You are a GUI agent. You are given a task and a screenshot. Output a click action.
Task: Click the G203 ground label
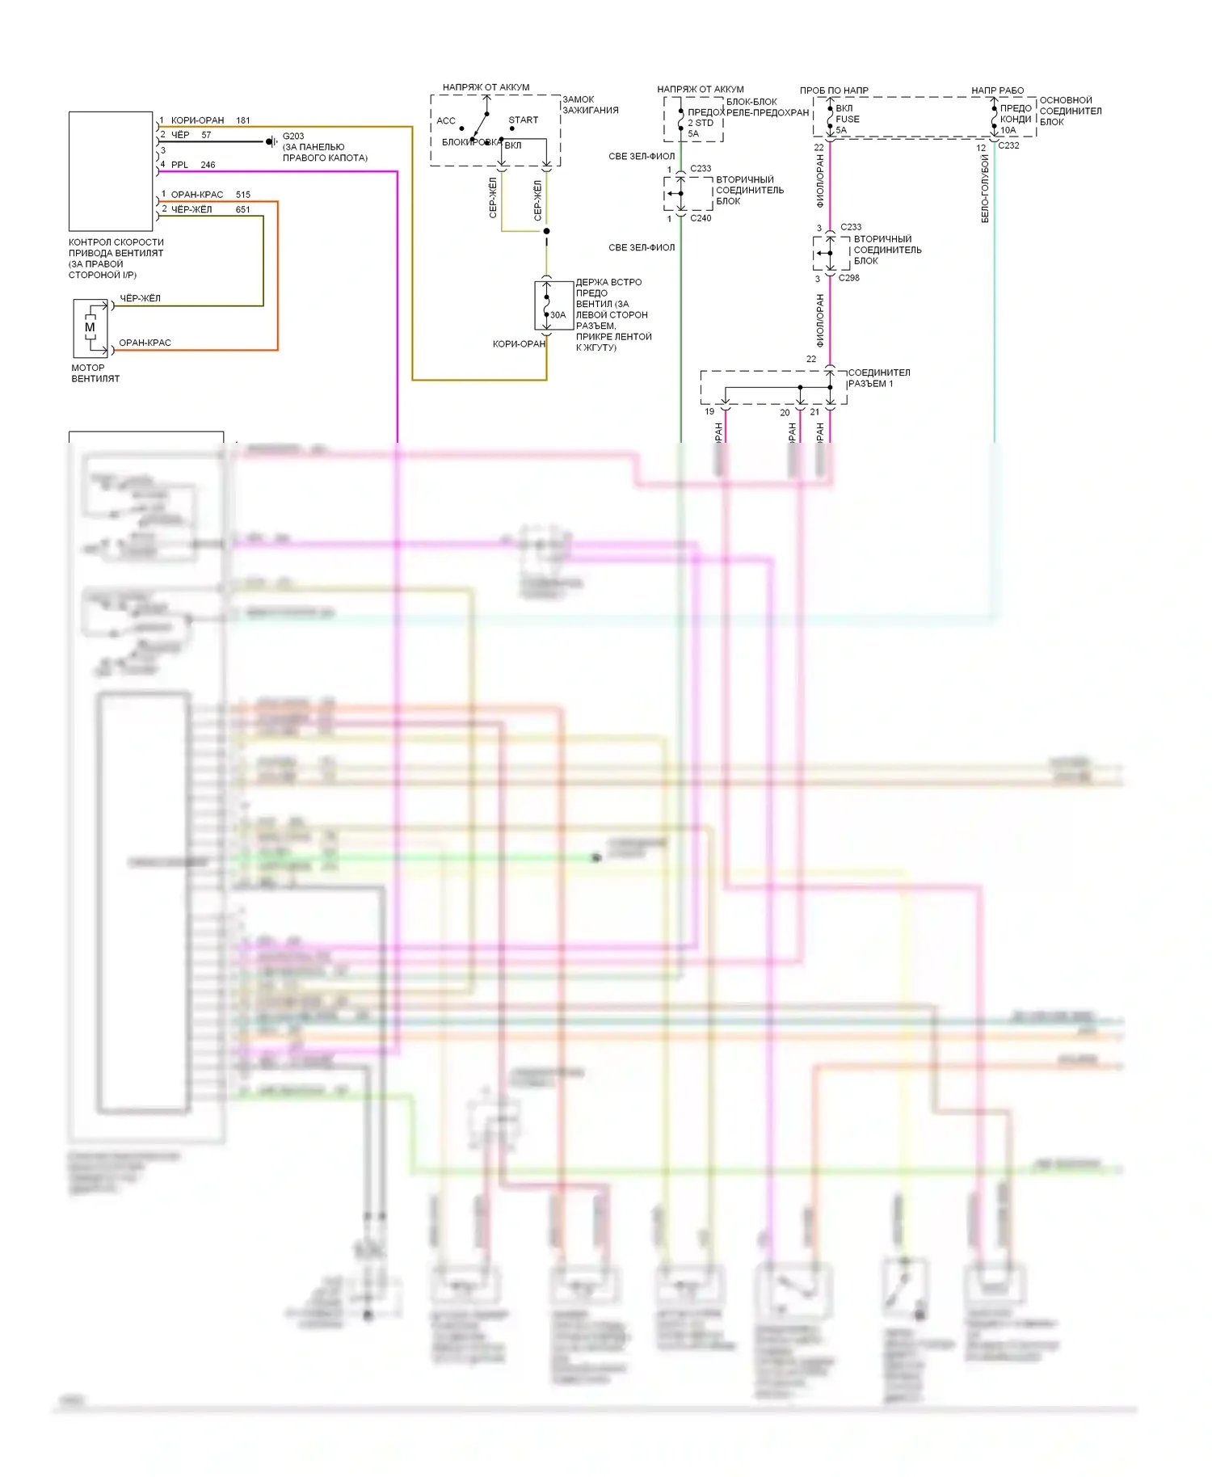(293, 136)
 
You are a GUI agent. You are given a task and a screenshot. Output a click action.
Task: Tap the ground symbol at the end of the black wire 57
(271, 141)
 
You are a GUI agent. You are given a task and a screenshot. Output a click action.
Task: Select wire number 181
(243, 120)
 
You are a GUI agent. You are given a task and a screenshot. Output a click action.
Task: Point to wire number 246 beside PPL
(208, 165)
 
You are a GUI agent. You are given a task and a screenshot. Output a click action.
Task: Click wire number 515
(243, 195)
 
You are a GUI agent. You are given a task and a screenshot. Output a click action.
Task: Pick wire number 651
(243, 209)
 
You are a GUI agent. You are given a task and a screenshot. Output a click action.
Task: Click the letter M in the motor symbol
(90, 327)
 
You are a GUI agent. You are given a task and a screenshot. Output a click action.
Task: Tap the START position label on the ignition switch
(523, 120)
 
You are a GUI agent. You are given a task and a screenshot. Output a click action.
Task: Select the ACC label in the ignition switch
(446, 121)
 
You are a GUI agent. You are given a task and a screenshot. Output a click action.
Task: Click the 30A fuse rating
(558, 315)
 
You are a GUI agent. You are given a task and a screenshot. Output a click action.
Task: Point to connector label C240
(701, 218)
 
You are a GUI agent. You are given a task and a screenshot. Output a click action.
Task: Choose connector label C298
(849, 278)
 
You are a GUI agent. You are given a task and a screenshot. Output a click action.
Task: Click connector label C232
(1008, 145)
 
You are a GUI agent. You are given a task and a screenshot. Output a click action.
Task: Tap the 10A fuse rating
(1008, 130)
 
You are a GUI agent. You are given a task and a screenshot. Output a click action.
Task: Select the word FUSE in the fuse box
(848, 119)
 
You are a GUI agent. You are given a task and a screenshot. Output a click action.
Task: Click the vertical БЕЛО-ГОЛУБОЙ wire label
(985, 189)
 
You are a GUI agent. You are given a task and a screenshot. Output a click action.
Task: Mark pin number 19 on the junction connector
(709, 411)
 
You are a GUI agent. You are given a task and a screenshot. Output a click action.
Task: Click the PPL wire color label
(179, 165)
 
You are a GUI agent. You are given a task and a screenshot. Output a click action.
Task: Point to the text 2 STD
(701, 123)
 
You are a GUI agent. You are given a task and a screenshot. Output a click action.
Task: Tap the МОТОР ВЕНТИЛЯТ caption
(95, 372)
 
